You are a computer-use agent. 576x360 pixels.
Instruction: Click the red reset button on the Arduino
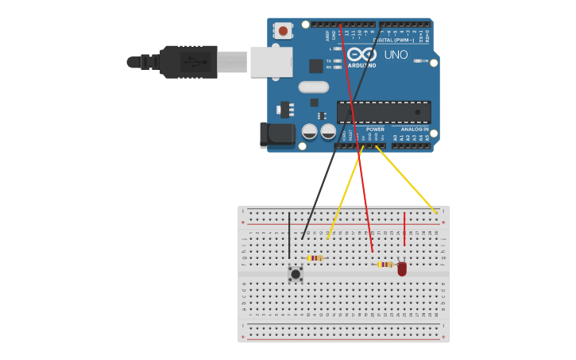tap(282, 30)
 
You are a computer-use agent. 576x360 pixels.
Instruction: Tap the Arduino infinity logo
tap(362, 53)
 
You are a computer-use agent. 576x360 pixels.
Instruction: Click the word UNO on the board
tap(396, 55)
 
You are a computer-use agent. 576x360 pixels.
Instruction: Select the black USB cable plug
tap(188, 61)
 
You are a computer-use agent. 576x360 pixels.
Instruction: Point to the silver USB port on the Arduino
tap(271, 61)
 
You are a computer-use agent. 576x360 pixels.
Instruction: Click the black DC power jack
tap(276, 135)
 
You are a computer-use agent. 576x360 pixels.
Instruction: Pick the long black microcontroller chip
tap(384, 112)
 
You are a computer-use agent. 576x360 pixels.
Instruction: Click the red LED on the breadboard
tap(402, 269)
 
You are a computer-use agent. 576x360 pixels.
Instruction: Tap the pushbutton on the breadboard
tap(296, 274)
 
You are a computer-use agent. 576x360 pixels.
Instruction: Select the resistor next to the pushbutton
tap(315, 258)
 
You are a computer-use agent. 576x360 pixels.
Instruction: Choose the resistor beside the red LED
tap(385, 265)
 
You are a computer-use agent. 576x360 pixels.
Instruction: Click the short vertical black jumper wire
tap(289, 235)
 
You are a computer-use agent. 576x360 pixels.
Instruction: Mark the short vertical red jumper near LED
tap(404, 229)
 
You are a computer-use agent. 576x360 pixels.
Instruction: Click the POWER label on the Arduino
tap(375, 129)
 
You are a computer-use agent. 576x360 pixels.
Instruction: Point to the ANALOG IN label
tap(414, 129)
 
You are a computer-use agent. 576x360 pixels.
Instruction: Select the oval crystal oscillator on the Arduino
tap(313, 87)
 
